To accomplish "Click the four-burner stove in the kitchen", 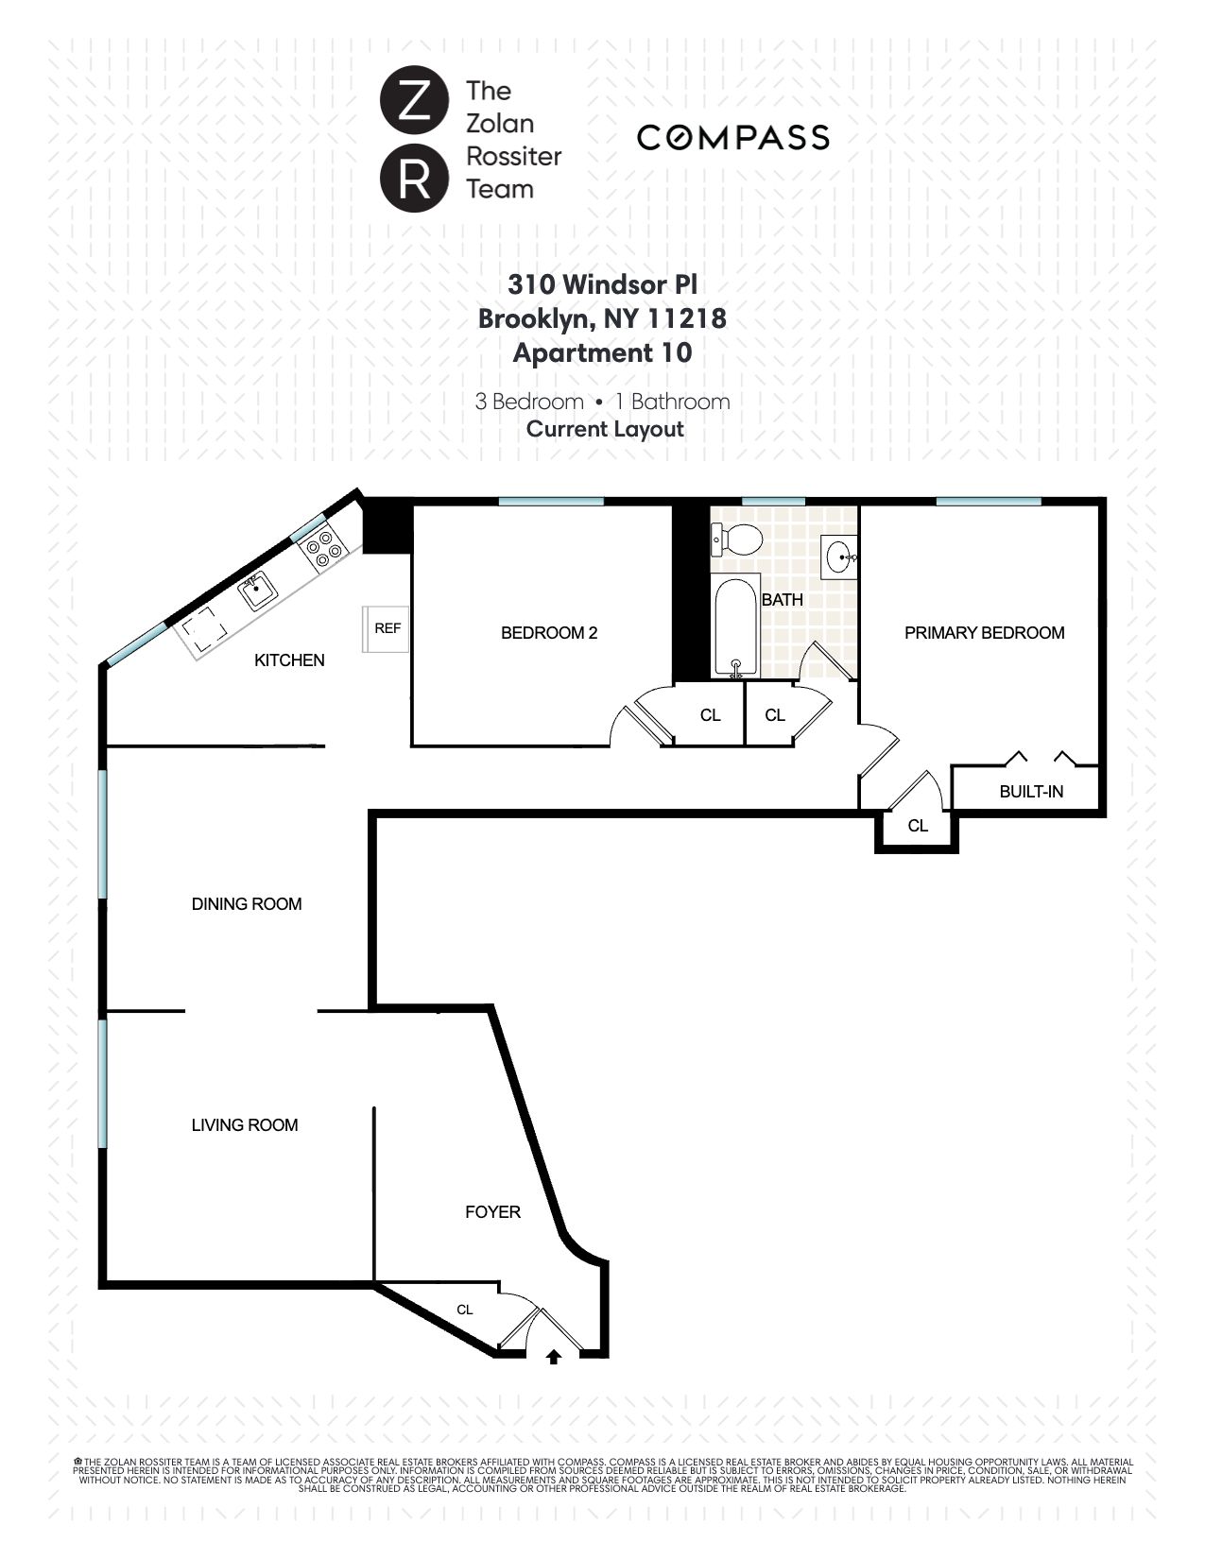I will tap(324, 550).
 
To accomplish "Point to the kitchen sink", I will tap(257, 594).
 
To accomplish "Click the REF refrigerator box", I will tap(387, 628).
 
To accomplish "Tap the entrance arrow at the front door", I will tap(554, 1357).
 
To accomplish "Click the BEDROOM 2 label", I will tap(548, 633).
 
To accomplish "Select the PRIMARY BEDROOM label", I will tap(984, 633).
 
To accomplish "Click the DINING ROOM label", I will tap(247, 904).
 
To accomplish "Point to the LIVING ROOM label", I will tap(244, 1125).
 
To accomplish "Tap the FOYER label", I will tap(492, 1212).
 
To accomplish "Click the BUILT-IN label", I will tap(1031, 792).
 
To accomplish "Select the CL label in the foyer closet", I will tap(465, 1310).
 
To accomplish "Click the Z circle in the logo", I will tap(413, 102).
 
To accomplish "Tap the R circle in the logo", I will tap(413, 178).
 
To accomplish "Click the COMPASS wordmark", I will tap(733, 137).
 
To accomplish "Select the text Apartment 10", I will tap(602, 353).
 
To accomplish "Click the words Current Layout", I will tap(605, 429).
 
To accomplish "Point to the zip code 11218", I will tap(686, 318).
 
